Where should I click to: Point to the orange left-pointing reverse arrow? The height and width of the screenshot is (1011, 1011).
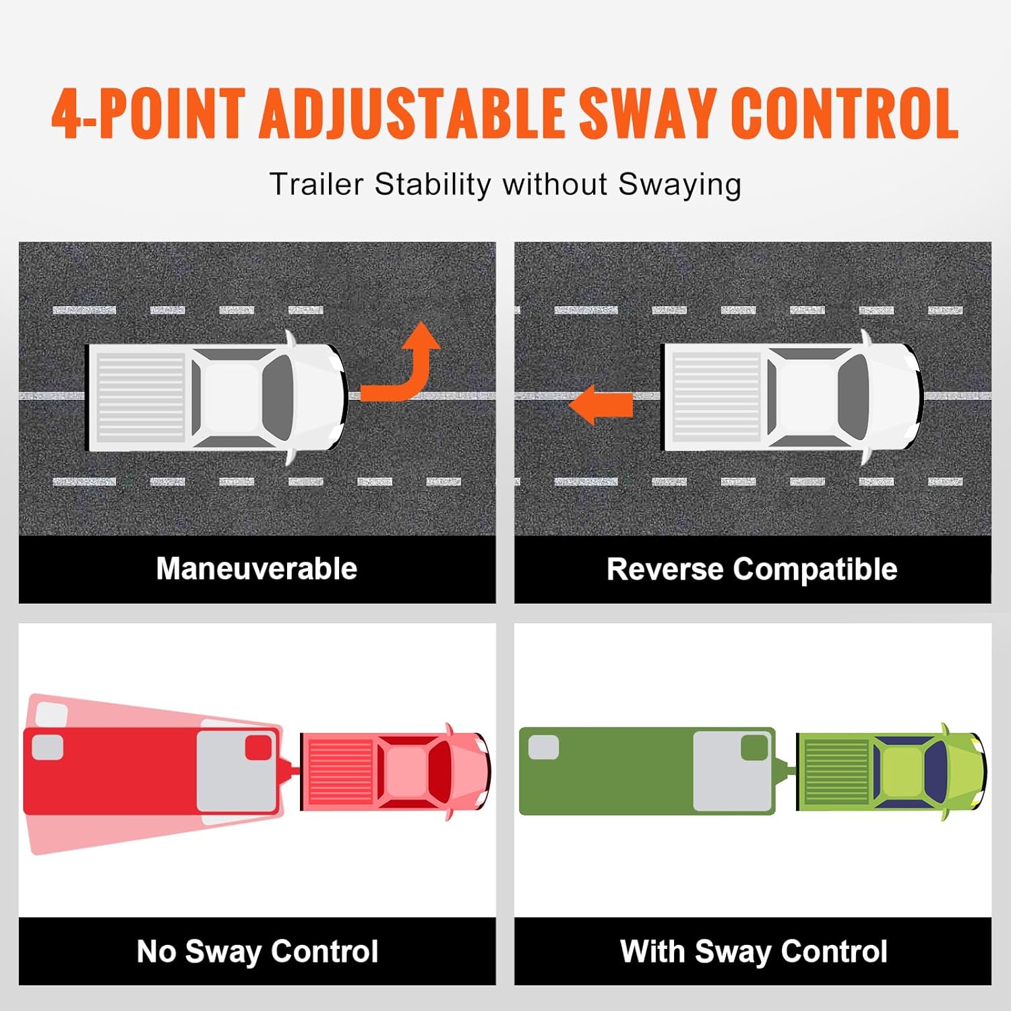(601, 404)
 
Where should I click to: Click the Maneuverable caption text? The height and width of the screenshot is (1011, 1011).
(257, 568)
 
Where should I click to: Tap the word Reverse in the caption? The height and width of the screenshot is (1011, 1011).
(665, 569)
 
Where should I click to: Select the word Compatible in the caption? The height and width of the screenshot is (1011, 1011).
(815, 570)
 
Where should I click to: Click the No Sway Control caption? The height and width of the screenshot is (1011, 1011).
(257, 952)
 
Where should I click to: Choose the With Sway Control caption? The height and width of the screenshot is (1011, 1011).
(754, 952)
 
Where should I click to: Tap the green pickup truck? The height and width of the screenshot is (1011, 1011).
(892, 771)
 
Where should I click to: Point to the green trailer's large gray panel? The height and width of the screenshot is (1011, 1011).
(733, 771)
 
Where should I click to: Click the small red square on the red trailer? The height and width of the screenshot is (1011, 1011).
(258, 747)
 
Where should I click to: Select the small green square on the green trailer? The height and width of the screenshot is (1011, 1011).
(754, 747)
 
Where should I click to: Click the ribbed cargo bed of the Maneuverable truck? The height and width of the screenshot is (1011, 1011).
(141, 398)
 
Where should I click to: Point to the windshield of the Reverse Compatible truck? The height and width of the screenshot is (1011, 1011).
(853, 398)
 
